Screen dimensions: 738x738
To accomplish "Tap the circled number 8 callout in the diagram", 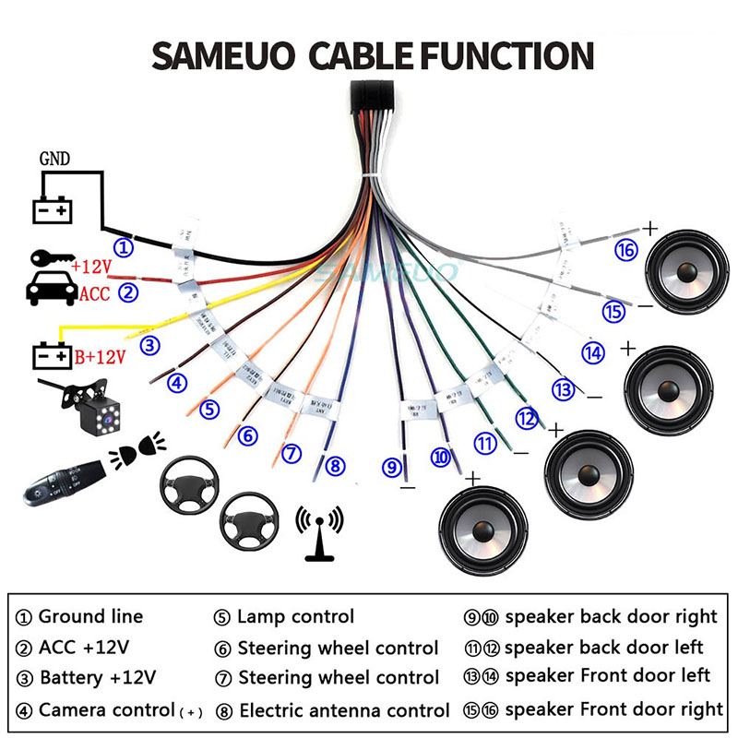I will tap(334, 466).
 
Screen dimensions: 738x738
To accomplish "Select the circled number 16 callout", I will tap(626, 250).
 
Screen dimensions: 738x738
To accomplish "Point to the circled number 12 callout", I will tap(527, 418).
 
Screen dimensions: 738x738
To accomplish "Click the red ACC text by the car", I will tap(95, 294).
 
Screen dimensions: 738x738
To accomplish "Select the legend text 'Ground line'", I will tap(90, 616).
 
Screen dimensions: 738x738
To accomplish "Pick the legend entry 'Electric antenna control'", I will tap(344, 710).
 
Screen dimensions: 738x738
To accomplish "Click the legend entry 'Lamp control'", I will tap(295, 616).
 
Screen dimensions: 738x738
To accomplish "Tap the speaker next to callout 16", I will tap(684, 269).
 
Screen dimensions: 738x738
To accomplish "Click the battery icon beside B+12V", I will tap(52, 355).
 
